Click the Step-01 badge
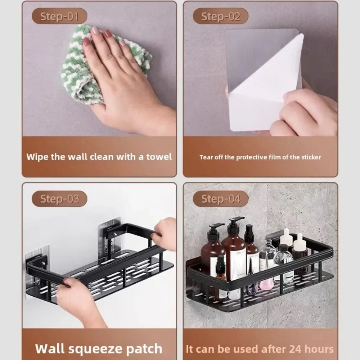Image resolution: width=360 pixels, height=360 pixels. [x=59, y=17]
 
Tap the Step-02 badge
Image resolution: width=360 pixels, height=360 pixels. [x=220, y=17]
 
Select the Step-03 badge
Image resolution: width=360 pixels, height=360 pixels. [x=59, y=199]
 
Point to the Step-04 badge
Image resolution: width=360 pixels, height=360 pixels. [x=220, y=199]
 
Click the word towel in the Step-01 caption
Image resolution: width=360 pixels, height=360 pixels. [x=159, y=157]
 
